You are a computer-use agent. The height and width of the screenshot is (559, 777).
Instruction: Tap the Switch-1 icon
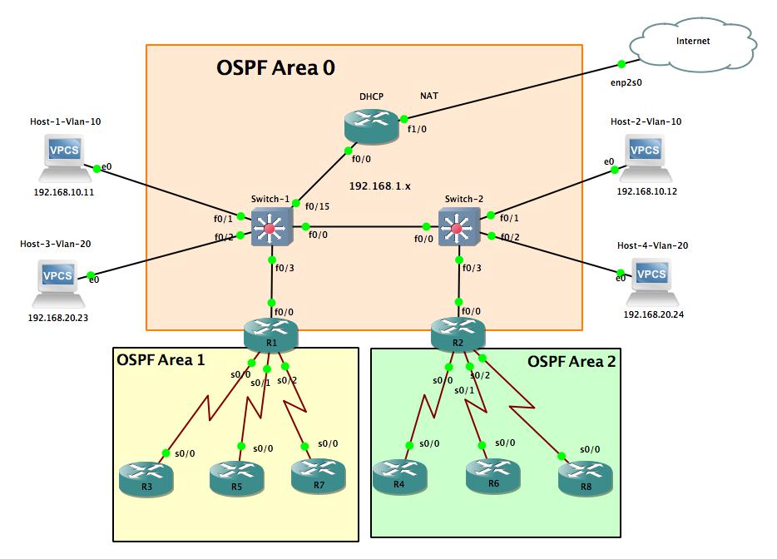(x=270, y=227)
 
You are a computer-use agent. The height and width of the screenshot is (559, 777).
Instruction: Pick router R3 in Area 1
(x=146, y=477)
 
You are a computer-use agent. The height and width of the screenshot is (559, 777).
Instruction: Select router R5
(x=236, y=477)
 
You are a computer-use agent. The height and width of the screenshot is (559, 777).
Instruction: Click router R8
(x=585, y=477)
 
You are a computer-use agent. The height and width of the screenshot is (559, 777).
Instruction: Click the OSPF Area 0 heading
(x=275, y=67)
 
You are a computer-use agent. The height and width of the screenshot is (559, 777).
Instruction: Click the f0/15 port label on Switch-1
(x=317, y=206)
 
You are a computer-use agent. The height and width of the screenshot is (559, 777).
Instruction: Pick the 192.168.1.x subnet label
(x=380, y=186)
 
